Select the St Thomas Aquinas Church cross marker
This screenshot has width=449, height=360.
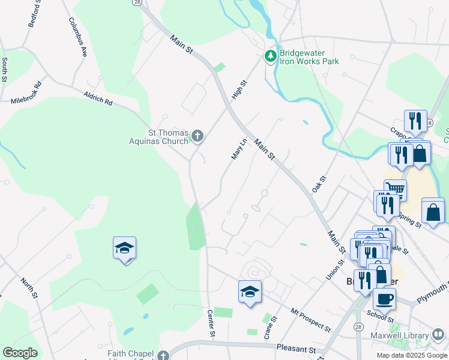[x=197, y=137]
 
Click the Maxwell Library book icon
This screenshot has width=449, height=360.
[x=438, y=335]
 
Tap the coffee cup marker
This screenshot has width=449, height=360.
[x=384, y=299]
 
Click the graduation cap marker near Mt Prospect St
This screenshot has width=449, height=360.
[x=250, y=292]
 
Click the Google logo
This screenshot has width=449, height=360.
[x=20, y=353]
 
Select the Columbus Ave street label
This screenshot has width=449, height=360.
[x=78, y=36]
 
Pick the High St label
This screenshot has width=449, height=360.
[x=240, y=91]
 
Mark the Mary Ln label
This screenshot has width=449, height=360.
[x=239, y=149]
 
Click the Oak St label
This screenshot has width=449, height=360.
[x=318, y=184]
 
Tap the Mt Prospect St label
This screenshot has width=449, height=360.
[x=310, y=320]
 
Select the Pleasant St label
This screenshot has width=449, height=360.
[x=296, y=349]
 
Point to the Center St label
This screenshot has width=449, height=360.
[x=211, y=322]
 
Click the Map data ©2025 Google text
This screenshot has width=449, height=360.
[x=412, y=355]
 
